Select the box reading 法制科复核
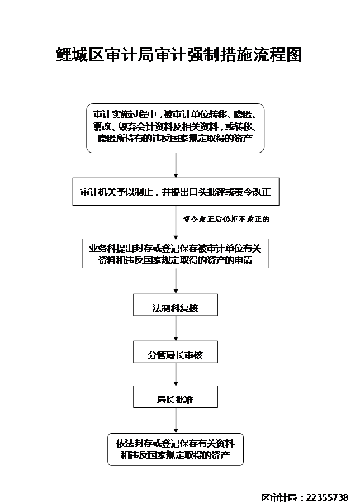pyautogui.click(x=175, y=307)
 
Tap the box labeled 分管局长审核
pyautogui.click(x=175, y=354)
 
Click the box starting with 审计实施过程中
pyautogui.click(x=175, y=127)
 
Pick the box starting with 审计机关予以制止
pyautogui.click(x=175, y=192)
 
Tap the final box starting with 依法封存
pyautogui.click(x=175, y=449)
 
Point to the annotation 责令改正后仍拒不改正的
pyautogui.click(x=226, y=220)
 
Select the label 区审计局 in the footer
pyautogui.click(x=280, y=497)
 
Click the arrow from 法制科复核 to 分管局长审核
pyautogui.click(x=176, y=330)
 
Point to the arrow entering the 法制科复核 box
pyautogui.click(x=176, y=282)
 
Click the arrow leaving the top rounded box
pyautogui.click(x=176, y=165)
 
